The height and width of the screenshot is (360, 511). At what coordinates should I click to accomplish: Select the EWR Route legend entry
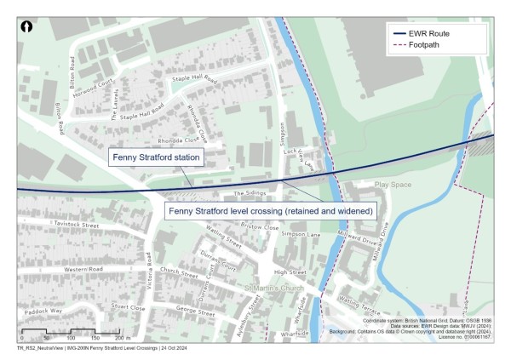click(434, 33)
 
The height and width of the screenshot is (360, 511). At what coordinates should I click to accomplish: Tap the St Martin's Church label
click(274, 288)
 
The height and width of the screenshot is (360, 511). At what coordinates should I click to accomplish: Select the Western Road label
click(83, 270)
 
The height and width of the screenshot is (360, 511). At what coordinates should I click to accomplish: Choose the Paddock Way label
click(44, 311)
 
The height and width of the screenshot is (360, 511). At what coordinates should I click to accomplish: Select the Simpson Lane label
click(301, 232)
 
